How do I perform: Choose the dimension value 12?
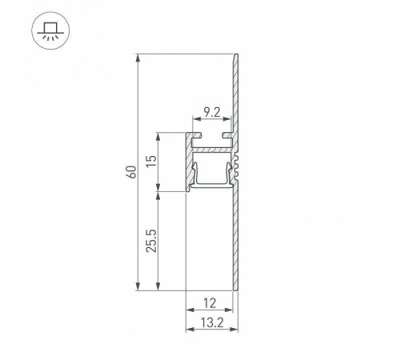210,304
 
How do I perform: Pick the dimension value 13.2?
210,323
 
